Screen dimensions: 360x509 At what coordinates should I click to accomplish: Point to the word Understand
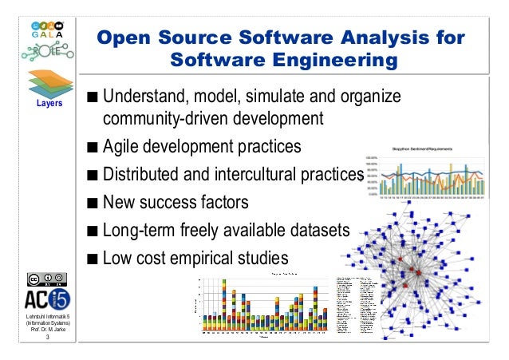point(141,98)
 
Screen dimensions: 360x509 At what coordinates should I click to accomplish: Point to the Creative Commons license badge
point(37,279)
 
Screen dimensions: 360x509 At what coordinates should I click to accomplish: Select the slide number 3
point(37,340)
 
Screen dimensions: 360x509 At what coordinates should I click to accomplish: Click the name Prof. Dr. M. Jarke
point(37,330)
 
